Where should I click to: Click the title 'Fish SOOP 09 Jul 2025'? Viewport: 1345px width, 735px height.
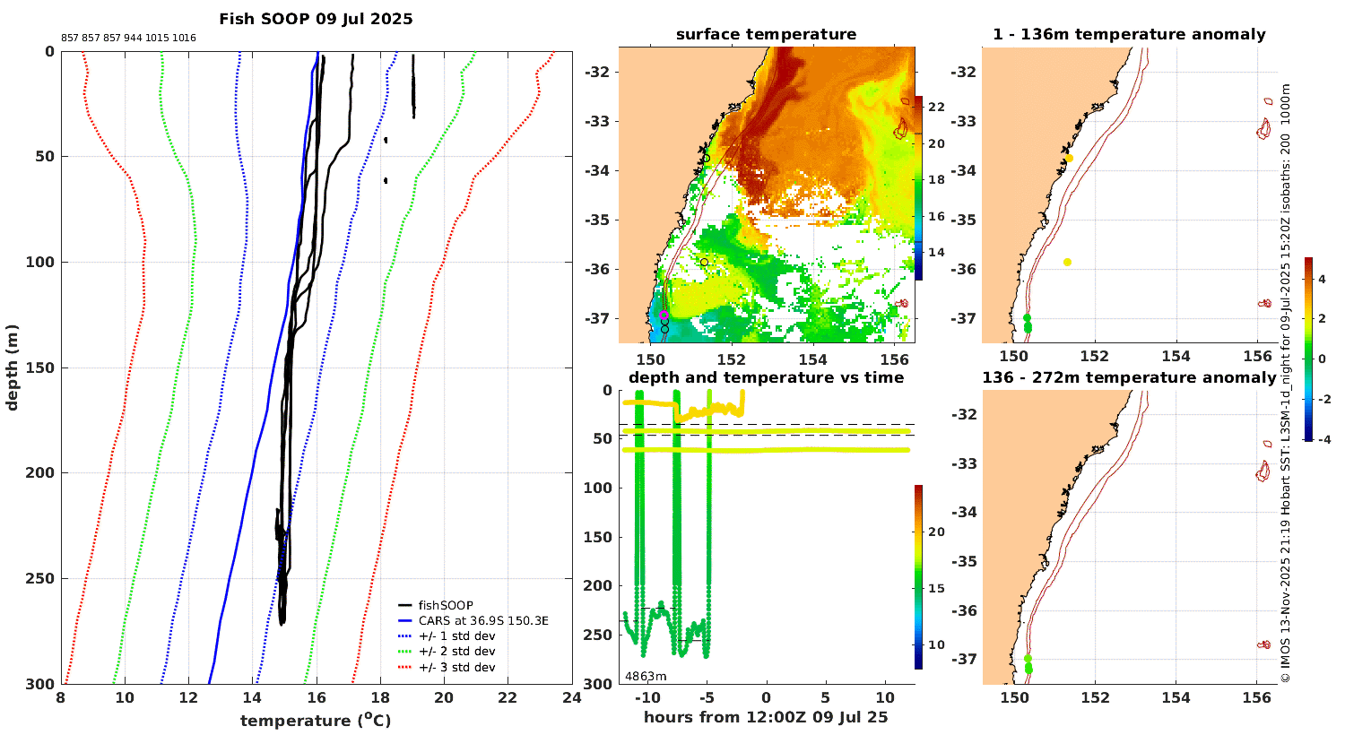tap(316, 19)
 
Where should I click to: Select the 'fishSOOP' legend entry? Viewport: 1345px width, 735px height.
tap(446, 605)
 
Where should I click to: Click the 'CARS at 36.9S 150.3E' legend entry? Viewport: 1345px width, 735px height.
tap(483, 620)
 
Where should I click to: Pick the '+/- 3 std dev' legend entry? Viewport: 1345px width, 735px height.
tap(456, 667)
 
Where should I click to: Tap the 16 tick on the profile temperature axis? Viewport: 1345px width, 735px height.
tap(317, 698)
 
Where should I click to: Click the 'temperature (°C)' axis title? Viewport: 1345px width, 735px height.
tap(316, 720)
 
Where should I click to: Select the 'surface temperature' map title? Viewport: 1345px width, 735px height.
tap(766, 35)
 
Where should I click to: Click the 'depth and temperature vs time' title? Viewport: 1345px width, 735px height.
tap(766, 377)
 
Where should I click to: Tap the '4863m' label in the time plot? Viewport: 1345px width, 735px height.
tap(646, 676)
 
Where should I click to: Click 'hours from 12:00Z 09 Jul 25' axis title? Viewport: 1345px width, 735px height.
tap(766, 717)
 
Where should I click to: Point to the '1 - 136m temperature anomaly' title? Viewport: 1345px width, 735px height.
tap(1129, 35)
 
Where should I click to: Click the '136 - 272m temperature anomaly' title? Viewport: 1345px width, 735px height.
tap(1129, 377)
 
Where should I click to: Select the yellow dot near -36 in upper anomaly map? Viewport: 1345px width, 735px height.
tap(1067, 262)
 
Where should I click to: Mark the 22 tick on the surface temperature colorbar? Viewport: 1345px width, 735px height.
tap(936, 107)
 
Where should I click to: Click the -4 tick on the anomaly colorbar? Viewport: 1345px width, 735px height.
tap(1323, 438)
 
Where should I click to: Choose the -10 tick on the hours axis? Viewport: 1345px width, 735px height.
tap(646, 698)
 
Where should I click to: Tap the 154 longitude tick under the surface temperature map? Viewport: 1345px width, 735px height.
tap(813, 357)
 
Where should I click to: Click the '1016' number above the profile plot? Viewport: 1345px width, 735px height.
tap(185, 38)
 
